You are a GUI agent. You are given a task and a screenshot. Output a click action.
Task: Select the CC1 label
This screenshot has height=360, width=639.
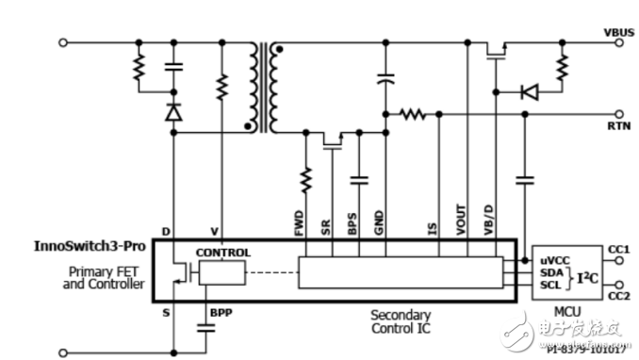pos(617,249)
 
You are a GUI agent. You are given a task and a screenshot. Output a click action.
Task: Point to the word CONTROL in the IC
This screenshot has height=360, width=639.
pos(222,253)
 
